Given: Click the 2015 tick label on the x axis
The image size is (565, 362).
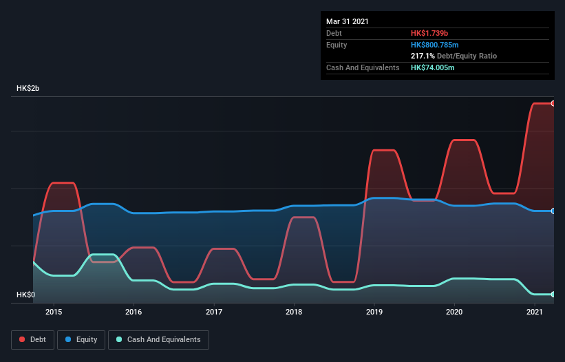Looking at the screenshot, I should pyautogui.click(x=54, y=312).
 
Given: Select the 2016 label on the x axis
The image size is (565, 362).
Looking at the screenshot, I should pyautogui.click(x=134, y=312).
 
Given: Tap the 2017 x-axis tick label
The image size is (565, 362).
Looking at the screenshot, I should pyautogui.click(x=214, y=312).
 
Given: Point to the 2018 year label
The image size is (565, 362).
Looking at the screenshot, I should pyautogui.click(x=294, y=312).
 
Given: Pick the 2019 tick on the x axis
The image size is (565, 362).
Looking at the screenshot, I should pyautogui.click(x=374, y=312).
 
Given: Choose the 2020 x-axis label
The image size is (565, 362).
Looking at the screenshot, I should pyautogui.click(x=454, y=312).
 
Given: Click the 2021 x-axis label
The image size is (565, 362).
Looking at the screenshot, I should pyautogui.click(x=534, y=312).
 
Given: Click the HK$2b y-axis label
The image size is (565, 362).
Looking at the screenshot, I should pyautogui.click(x=30, y=89).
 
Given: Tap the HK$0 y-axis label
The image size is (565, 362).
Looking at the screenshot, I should pyautogui.click(x=26, y=295).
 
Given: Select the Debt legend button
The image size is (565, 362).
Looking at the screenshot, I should pyautogui.click(x=32, y=339).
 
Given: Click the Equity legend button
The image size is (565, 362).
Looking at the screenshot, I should pyautogui.click(x=81, y=339).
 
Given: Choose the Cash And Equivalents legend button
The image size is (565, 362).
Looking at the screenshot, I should pyautogui.click(x=158, y=339).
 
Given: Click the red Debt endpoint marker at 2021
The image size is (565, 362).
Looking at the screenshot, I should pyautogui.click(x=553, y=103).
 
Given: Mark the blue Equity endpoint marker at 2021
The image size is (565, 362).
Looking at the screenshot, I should pyautogui.click(x=553, y=211).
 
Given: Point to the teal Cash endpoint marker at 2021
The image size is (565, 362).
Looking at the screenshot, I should pyautogui.click(x=553, y=294).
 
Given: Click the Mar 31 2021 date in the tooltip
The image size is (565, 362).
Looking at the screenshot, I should pyautogui.click(x=348, y=21).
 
